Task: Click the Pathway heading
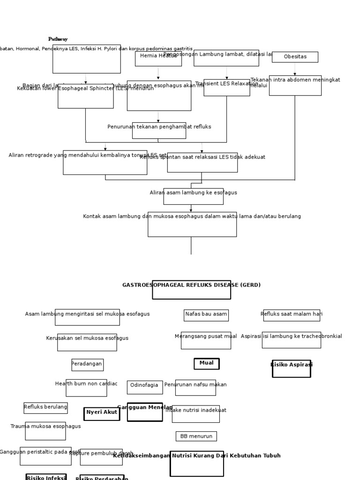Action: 58,39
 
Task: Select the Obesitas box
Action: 295,57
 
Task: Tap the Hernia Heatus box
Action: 158,59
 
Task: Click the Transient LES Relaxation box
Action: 227,87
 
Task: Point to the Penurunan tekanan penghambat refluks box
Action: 159,130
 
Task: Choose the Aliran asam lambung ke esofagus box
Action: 193,196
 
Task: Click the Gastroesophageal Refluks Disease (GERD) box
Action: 191,289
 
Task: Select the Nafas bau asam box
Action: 206,315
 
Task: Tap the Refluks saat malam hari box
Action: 292,315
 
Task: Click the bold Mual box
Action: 206,364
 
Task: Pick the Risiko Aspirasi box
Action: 291,368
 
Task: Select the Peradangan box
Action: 87,365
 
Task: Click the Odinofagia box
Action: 144,387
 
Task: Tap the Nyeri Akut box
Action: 102,413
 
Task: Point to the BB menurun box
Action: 196,436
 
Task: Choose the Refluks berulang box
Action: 45,408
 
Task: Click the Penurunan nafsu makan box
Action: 195,387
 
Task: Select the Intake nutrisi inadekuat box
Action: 195,413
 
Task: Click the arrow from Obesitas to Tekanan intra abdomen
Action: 295,69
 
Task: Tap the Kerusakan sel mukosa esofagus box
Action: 87,342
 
